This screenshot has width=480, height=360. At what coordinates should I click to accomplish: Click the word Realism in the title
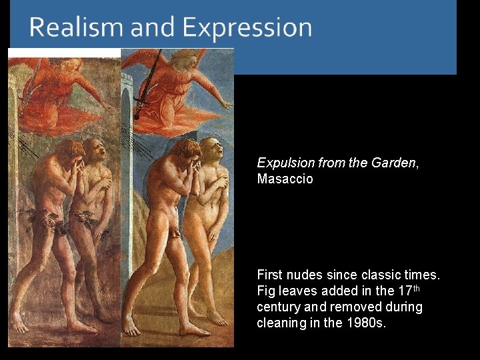[77, 28]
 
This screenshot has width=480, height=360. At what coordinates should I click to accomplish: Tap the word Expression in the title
[247, 28]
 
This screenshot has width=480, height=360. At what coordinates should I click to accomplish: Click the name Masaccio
[285, 179]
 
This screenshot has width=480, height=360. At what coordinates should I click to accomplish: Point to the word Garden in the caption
[397, 163]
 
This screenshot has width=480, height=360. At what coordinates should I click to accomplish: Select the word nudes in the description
[301, 275]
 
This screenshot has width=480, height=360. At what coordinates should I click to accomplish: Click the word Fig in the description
[265, 291]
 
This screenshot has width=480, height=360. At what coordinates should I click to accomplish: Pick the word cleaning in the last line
[279, 323]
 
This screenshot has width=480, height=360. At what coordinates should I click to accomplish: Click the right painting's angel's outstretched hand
[227, 105]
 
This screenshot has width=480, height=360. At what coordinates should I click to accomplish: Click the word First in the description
[269, 275]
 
